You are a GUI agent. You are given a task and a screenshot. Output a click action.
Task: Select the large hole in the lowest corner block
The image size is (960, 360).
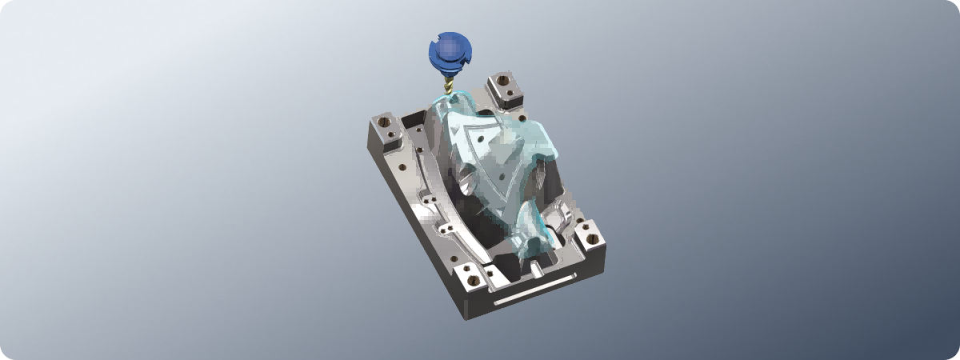click(x=473, y=280)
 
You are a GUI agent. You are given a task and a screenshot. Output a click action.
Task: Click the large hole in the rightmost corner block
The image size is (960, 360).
click(x=592, y=235)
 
